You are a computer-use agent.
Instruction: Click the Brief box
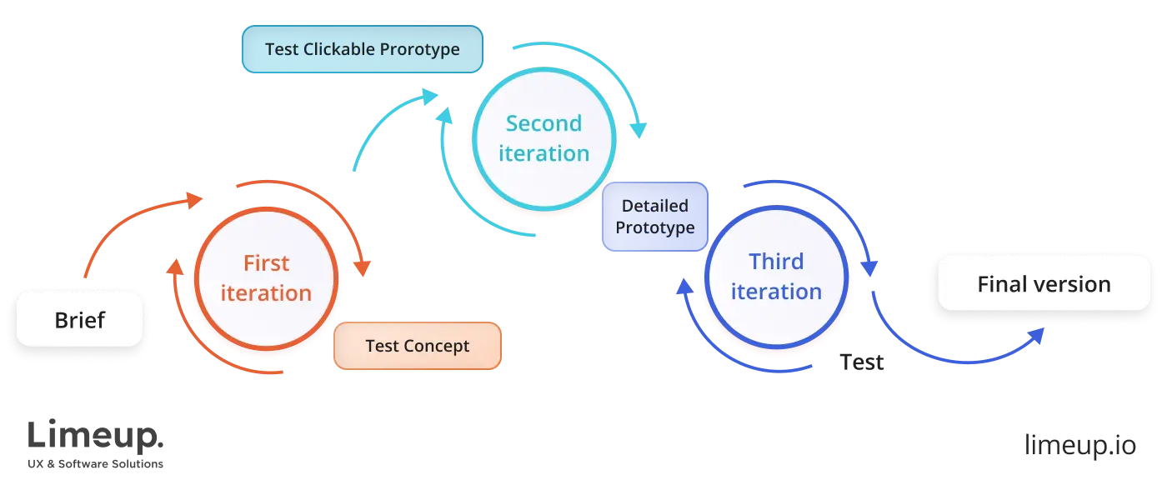coord(80,319)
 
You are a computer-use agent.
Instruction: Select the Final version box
coord(1044,284)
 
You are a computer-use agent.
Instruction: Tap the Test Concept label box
coord(418,346)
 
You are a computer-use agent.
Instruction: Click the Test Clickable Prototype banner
coord(362,49)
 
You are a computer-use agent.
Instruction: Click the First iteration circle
coord(266,278)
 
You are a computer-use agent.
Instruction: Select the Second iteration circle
coord(543,138)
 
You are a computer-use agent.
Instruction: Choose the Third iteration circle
coord(775,277)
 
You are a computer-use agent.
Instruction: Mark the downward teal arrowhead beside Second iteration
coord(639,129)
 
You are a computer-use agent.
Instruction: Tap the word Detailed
coord(655,206)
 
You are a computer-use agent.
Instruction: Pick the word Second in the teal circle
coord(543,123)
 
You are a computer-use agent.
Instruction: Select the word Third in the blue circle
coord(776,262)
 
